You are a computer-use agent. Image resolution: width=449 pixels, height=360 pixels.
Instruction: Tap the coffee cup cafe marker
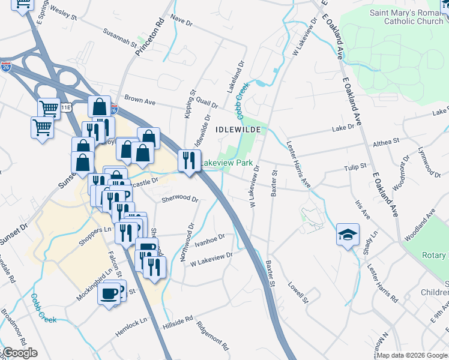tap(109, 294)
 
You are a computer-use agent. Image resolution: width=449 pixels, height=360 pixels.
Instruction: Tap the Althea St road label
tap(386, 142)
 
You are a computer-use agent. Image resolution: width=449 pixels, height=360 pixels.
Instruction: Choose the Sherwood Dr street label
tap(180, 198)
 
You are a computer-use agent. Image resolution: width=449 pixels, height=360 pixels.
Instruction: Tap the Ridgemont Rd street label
tap(212, 336)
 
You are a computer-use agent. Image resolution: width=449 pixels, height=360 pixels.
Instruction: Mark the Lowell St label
tap(298, 292)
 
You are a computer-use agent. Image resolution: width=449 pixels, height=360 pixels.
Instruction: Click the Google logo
tap(20, 353)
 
